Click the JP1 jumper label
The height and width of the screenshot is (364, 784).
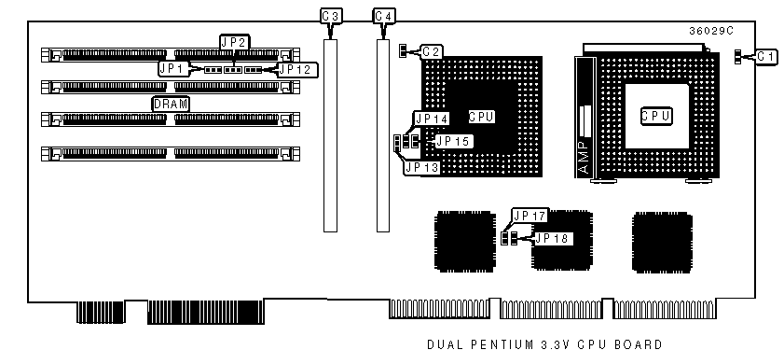173,68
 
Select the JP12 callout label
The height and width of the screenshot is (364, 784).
297,69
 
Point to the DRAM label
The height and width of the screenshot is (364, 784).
171,105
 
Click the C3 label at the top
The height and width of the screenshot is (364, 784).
330,17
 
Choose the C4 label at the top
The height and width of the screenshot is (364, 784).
383,17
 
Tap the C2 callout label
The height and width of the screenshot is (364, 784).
432,51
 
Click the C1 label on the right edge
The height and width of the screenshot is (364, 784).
767,57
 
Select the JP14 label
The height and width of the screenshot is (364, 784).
431,119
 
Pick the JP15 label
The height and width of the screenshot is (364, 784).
453,141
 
